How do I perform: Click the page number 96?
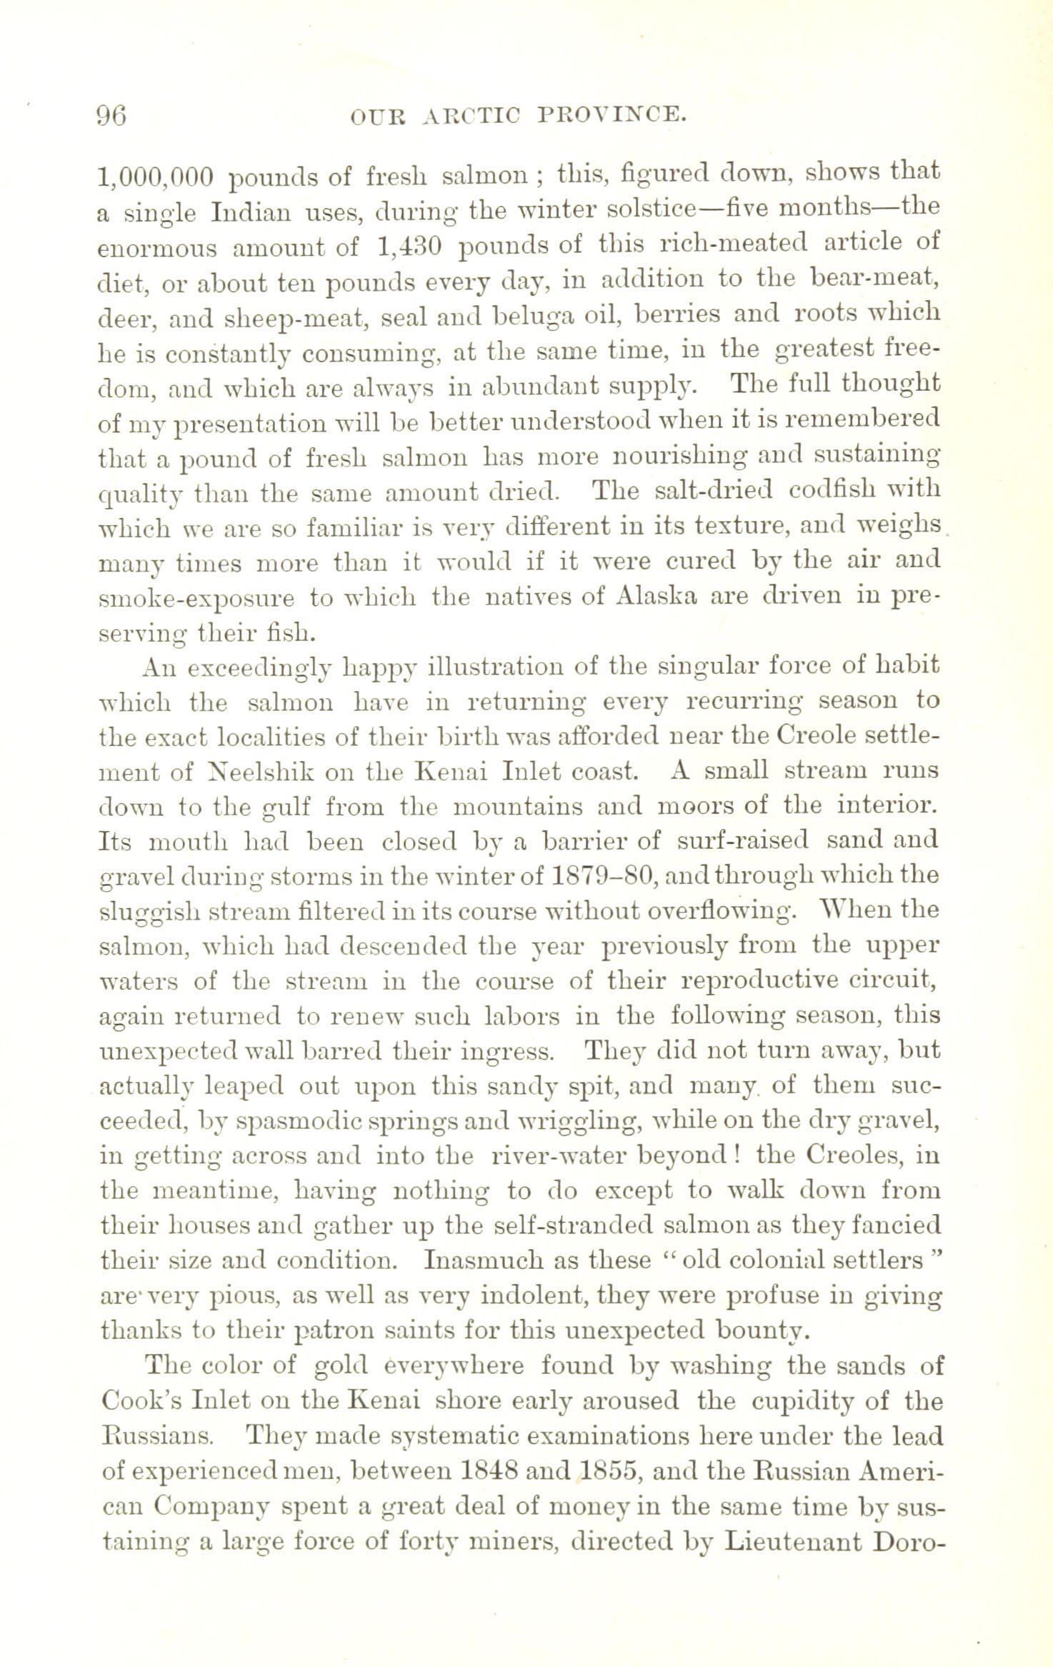[111, 115]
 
